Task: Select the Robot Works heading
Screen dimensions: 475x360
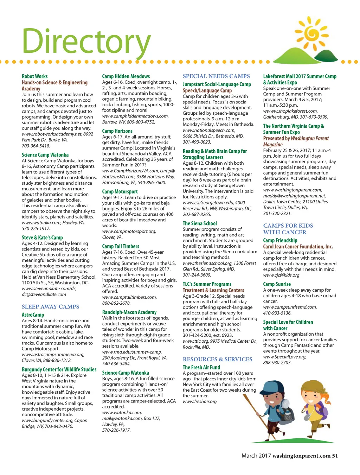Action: click(34, 76)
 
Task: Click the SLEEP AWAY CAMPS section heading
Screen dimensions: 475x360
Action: click(50, 307)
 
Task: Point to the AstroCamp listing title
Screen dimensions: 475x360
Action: click(33, 315)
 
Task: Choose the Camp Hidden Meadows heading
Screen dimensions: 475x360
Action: click(126, 76)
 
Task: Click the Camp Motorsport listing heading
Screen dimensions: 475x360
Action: click(120, 192)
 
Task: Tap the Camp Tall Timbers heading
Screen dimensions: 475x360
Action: click(121, 247)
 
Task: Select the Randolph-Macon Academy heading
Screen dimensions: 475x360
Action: click(129, 312)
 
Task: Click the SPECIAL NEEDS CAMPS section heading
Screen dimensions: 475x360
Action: click(216, 76)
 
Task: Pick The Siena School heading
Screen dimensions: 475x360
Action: click(200, 223)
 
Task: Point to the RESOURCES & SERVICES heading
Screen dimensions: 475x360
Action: click(217, 359)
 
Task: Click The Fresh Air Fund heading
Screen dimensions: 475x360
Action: click(201, 367)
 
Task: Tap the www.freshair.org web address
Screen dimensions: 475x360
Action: click(200, 401)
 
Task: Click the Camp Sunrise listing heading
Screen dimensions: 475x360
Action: click(277, 284)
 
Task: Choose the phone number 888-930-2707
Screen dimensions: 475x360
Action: click(277, 362)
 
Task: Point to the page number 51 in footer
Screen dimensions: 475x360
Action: click(335, 456)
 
